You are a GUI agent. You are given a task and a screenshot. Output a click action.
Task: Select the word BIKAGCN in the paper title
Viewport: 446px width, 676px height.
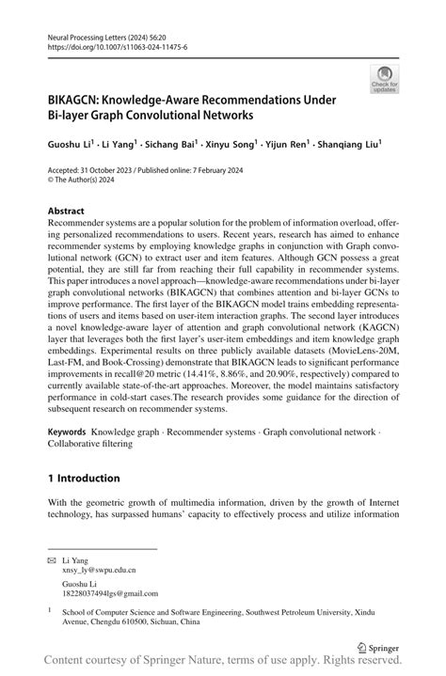(77, 99)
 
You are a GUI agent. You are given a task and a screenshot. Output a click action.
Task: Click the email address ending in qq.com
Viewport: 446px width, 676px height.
(105, 594)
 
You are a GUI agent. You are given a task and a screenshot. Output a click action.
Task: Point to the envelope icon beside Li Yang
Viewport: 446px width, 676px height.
(53, 558)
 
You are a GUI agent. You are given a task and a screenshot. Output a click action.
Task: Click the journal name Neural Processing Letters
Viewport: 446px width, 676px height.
(89, 33)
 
